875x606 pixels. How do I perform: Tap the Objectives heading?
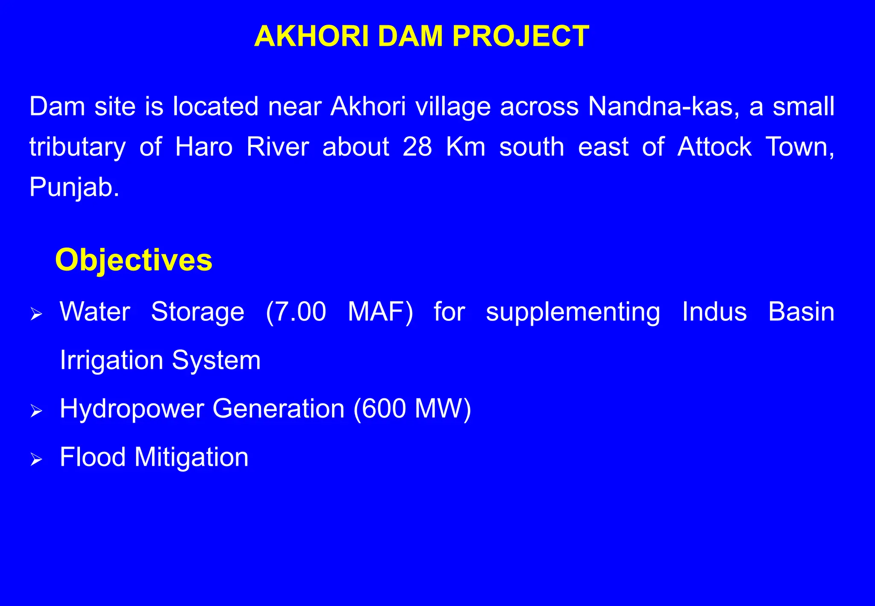[134, 260]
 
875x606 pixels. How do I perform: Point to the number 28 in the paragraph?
[417, 147]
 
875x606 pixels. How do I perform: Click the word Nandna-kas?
[664, 106]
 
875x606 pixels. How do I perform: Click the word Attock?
[714, 147]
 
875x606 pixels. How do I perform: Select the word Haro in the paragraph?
[204, 147]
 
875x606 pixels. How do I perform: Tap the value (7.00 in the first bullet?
[296, 311]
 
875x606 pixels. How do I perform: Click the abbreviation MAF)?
[380, 311]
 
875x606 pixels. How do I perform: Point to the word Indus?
[714, 311]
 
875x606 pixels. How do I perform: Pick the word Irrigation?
[111, 360]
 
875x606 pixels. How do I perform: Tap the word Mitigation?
[191, 457]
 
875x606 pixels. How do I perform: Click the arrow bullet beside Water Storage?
[36, 315]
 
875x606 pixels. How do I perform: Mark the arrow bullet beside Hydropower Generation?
[36, 412]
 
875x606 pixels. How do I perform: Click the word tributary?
[77, 147]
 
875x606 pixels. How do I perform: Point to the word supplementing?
[573, 312]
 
